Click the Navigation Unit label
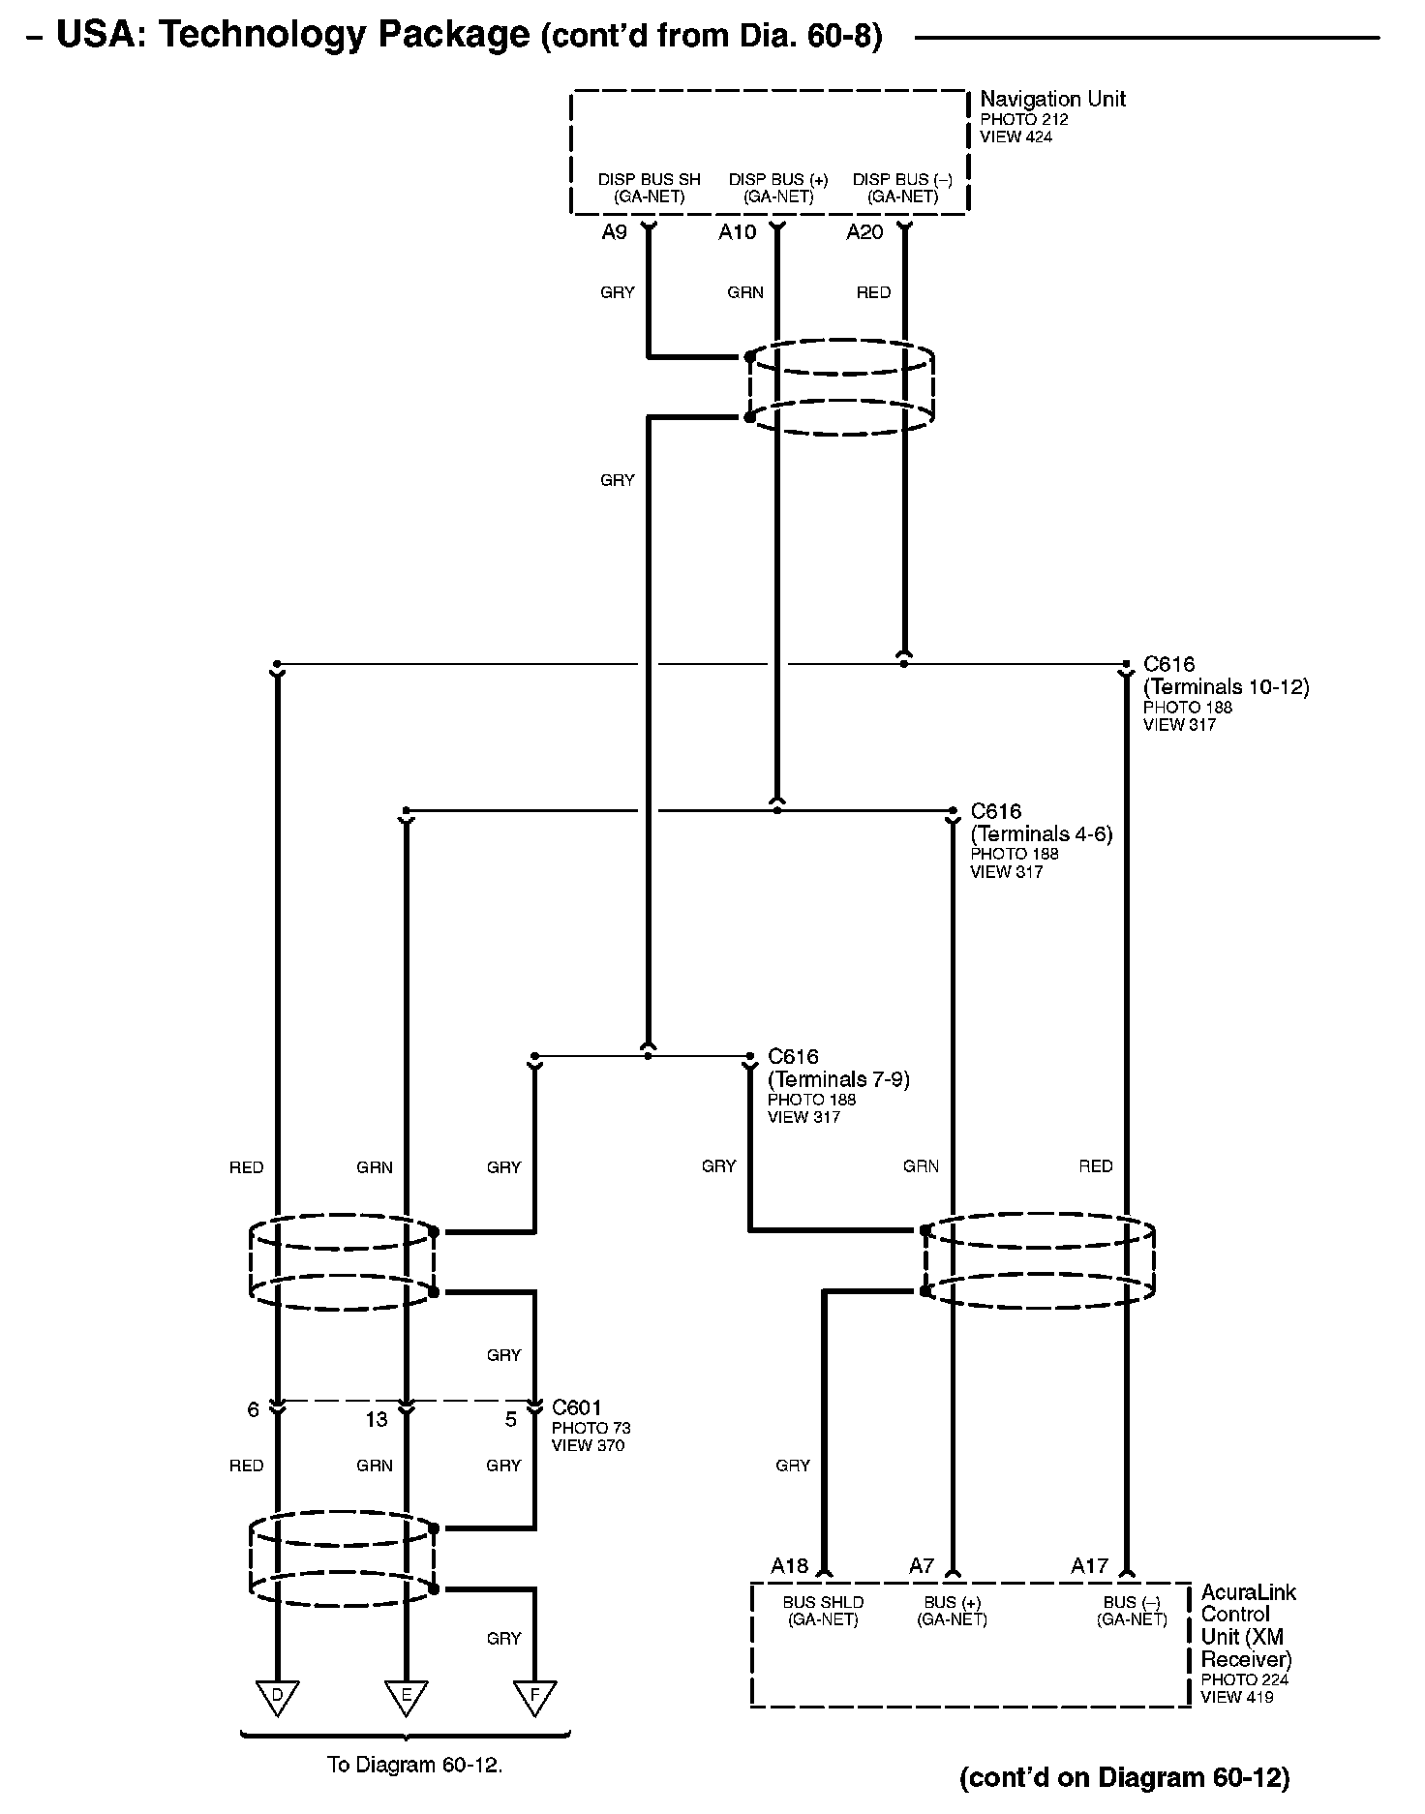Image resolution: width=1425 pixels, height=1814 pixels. (x=1052, y=99)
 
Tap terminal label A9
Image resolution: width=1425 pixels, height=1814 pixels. (x=614, y=232)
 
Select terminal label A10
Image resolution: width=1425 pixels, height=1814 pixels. (x=737, y=232)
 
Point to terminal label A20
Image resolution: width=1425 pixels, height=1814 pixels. (x=864, y=232)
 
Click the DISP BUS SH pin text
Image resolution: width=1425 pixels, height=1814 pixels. (x=649, y=180)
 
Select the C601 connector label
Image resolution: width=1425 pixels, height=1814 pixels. (x=577, y=1407)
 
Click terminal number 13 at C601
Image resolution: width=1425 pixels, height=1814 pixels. (x=376, y=1419)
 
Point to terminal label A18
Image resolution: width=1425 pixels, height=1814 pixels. (x=789, y=1566)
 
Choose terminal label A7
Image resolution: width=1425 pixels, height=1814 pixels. (x=922, y=1566)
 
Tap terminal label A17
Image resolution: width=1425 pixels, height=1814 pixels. (x=1089, y=1566)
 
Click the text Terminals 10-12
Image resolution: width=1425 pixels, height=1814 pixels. (x=1226, y=687)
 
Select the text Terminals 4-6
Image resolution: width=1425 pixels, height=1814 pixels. (x=1042, y=833)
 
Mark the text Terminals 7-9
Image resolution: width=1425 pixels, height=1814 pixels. (x=838, y=1079)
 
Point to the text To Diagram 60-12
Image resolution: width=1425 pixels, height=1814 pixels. (x=414, y=1765)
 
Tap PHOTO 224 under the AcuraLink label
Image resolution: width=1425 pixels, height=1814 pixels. (x=1244, y=1680)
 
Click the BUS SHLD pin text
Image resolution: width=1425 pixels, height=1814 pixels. (x=823, y=1603)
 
